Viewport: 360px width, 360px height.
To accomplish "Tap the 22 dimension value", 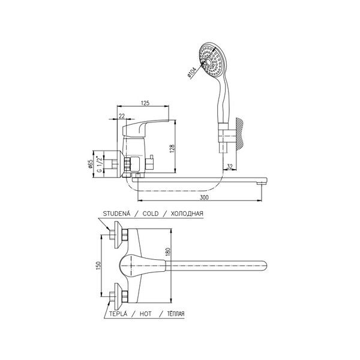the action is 122,116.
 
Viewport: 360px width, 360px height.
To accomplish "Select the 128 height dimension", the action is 172,148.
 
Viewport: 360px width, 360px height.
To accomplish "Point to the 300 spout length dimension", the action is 204,197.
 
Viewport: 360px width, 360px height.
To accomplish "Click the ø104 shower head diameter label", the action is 191,73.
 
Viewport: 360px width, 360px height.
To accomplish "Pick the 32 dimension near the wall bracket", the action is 230,166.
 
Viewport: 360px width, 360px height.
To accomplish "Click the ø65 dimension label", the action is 90,164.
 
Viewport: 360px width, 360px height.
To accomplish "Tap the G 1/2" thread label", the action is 99,164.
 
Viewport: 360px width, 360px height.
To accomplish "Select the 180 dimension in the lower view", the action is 168,252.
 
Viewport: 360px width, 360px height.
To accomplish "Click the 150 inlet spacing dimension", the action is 98,265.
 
